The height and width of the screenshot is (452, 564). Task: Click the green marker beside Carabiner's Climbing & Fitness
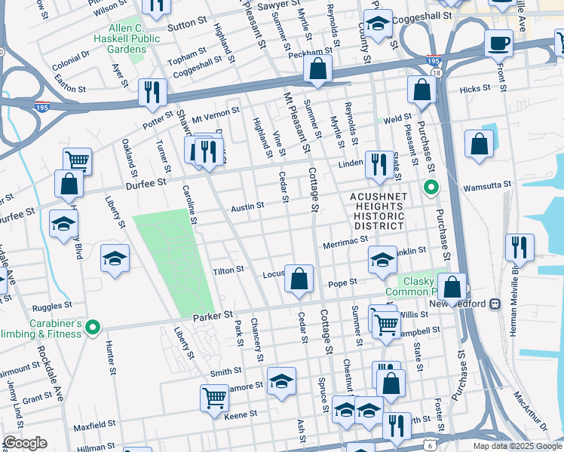[93, 327]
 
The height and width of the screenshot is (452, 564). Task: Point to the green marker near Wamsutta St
[431, 186]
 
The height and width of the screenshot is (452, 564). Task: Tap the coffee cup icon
[498, 43]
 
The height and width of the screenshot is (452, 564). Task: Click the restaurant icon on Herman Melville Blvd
[520, 246]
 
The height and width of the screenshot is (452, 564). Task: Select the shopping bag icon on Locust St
[299, 278]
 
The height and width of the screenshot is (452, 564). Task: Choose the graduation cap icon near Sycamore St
[281, 380]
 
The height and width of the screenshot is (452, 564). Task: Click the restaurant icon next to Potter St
[154, 92]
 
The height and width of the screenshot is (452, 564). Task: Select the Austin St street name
[247, 206]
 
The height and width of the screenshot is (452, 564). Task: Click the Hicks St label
[474, 89]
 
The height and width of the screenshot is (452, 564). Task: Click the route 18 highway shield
[437, 72]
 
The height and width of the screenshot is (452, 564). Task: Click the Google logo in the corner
[25, 442]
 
